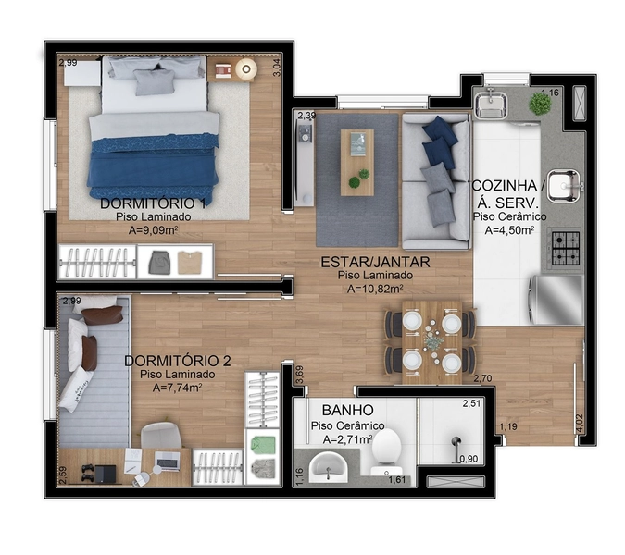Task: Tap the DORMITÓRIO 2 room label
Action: (177, 361)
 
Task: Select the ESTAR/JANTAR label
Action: (376, 262)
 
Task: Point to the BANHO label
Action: (347, 409)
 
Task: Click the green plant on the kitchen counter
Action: (540, 105)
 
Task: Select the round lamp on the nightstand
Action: (246, 68)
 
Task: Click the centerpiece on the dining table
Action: (432, 341)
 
